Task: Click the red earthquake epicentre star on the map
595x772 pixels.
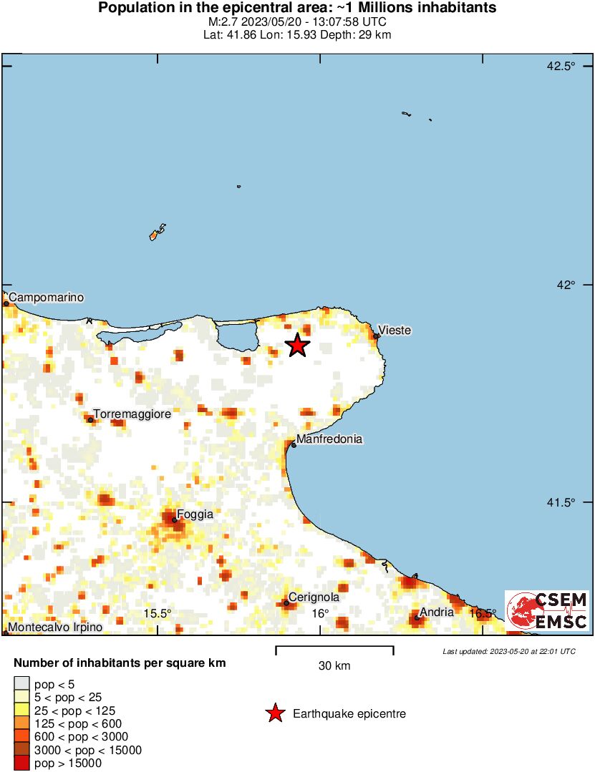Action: coord(297,345)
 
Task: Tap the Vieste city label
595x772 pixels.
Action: coord(395,330)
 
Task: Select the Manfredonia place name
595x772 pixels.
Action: coord(329,439)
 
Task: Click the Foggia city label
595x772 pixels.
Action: coord(195,514)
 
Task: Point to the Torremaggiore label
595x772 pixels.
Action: coord(132,414)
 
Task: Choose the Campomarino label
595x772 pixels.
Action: coord(47,297)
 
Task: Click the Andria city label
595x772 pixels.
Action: coord(437,612)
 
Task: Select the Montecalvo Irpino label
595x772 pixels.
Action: coord(55,627)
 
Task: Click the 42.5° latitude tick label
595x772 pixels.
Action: coord(561,67)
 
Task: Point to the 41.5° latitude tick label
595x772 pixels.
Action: coord(561,503)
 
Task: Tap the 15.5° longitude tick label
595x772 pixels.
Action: coord(157,613)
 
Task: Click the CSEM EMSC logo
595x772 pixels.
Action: coord(547,610)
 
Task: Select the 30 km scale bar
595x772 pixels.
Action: coord(334,650)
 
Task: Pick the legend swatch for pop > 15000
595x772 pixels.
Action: coord(21,763)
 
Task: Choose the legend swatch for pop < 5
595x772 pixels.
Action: coord(21,685)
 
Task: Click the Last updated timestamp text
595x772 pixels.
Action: coord(508,651)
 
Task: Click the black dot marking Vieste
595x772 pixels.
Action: coord(376,336)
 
